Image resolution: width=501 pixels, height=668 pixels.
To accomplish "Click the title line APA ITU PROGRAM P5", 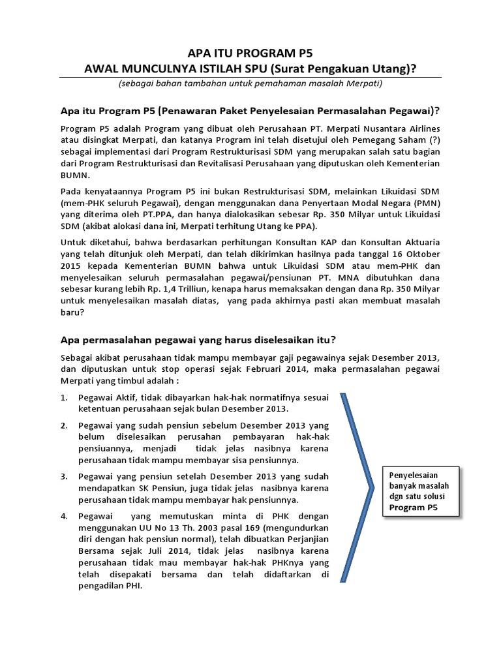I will coord(250,54).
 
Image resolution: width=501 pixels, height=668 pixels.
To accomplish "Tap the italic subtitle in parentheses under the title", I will coord(250,84).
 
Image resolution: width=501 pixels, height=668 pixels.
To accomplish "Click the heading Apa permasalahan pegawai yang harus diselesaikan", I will coord(198,339).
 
